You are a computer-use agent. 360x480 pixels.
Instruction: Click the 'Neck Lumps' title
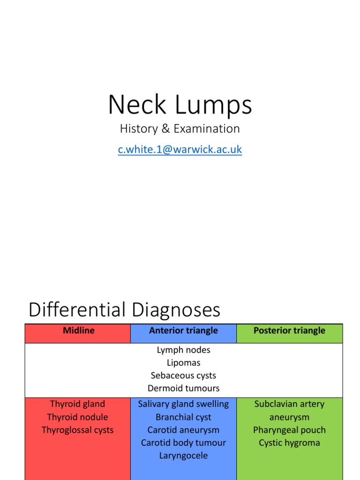pos(180,105)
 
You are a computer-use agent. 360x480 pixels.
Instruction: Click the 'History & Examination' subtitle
pos(180,128)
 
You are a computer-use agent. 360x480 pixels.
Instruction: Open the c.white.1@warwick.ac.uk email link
pos(180,150)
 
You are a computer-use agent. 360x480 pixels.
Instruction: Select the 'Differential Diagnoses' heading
pos(124,310)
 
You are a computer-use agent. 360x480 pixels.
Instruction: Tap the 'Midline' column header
pos(78,330)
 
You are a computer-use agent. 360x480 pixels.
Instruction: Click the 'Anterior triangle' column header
pos(183,330)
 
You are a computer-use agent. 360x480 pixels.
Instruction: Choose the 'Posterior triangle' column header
pos(289,330)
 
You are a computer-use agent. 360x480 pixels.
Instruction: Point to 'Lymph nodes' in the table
pos(183,350)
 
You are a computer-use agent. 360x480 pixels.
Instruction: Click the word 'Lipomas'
pos(183,363)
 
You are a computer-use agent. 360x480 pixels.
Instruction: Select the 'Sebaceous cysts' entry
pos(183,375)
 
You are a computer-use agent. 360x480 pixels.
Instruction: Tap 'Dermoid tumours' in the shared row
pos(183,388)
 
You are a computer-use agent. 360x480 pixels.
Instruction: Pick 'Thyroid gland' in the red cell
pos(77,404)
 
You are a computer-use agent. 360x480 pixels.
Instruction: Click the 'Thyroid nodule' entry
pos(77,417)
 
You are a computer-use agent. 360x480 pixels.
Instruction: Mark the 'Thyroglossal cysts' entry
pos(77,430)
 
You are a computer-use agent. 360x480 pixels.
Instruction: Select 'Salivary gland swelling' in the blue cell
pos(183,404)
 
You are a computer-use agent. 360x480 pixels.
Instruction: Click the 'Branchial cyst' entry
pos(183,417)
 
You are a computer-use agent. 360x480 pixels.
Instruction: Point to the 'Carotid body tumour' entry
pos(183,443)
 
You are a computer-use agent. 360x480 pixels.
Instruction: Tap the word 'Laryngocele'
pos(183,456)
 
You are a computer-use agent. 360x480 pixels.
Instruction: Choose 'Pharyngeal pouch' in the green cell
pos(289,430)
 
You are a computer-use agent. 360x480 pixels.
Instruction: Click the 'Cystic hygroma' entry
pos(289,443)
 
